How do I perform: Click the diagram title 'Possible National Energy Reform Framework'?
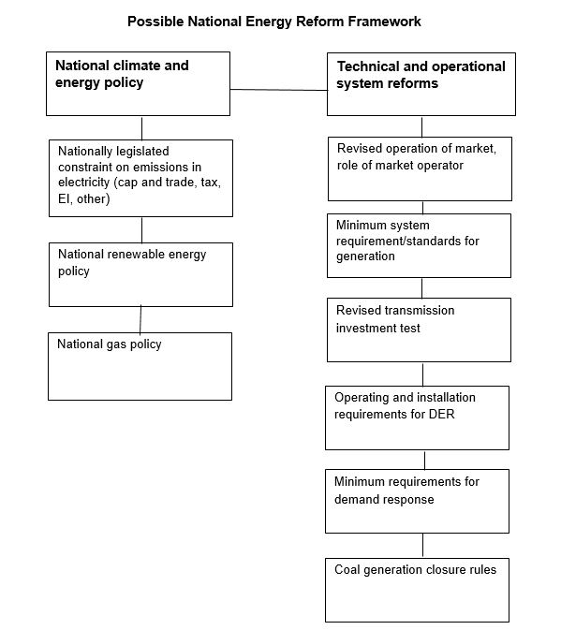[x=274, y=22]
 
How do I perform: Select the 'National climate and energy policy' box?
[x=139, y=84]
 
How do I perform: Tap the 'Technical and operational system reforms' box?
[x=421, y=84]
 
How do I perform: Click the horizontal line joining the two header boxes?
[x=279, y=90]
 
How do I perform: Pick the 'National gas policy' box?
[x=140, y=366]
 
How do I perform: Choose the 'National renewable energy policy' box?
[x=140, y=275]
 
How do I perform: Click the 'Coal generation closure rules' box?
[x=417, y=591]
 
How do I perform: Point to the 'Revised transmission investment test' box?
[x=420, y=330]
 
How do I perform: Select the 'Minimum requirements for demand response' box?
[x=417, y=502]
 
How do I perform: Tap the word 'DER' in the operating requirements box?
[x=442, y=415]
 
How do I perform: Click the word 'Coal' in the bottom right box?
[x=347, y=570]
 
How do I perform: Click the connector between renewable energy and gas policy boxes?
[x=140, y=320]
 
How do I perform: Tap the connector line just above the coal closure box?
[x=422, y=546]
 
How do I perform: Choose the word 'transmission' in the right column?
[x=420, y=311]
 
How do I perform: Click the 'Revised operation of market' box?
[x=420, y=168]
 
